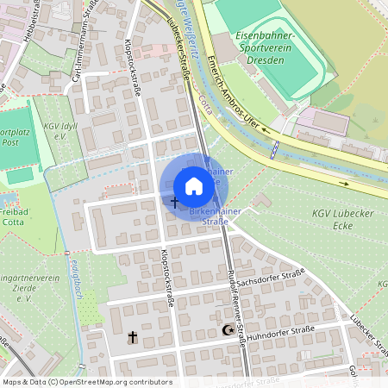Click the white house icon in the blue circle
pyautogui.click(x=194, y=185)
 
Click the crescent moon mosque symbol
pyautogui.click(x=228, y=330)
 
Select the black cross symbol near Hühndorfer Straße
pyautogui.click(x=133, y=335)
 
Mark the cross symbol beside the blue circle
pyautogui.click(x=174, y=202)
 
